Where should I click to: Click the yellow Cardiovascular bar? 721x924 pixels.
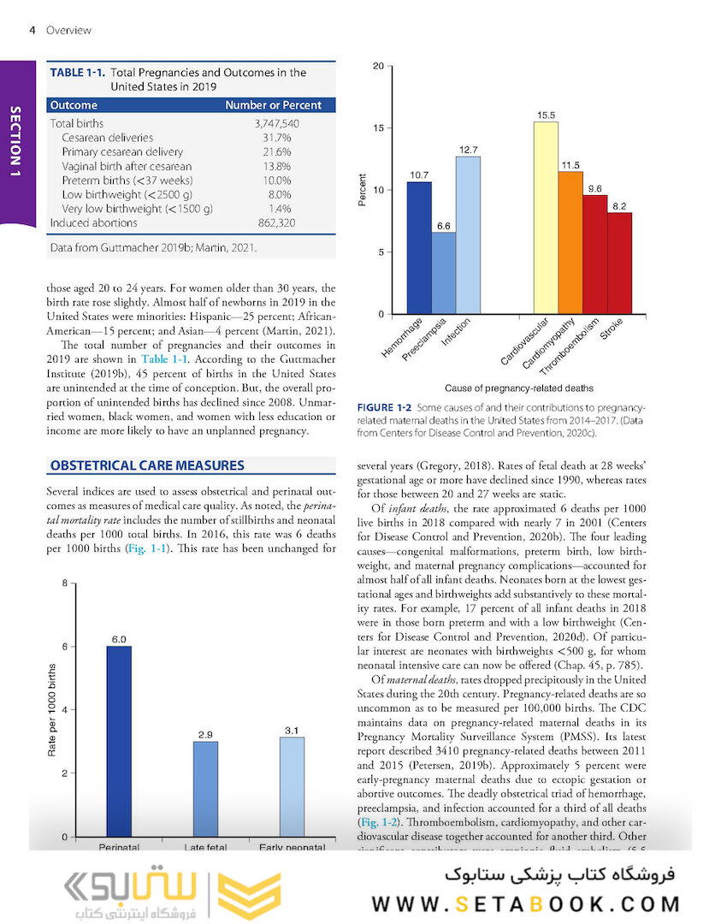click(546, 218)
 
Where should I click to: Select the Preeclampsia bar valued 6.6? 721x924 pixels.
click(443, 273)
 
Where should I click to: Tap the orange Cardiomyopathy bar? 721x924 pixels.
click(570, 243)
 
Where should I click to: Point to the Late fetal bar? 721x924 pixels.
click(205, 789)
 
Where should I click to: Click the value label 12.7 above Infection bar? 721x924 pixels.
click(468, 150)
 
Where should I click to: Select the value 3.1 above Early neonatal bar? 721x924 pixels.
click(292, 730)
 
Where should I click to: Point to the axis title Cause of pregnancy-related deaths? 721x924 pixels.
click(518, 388)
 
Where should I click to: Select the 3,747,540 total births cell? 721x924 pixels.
click(276, 123)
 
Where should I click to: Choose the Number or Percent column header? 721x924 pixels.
click(273, 105)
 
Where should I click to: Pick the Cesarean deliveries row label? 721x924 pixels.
click(107, 138)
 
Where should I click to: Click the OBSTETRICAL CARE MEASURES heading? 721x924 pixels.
click(147, 465)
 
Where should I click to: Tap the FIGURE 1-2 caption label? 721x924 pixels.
click(385, 407)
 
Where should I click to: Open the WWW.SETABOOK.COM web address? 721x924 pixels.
click(526, 903)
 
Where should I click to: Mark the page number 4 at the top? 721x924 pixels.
click(32, 30)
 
